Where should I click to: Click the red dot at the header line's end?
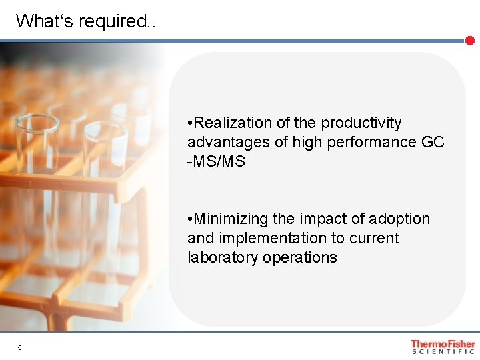click(x=469, y=41)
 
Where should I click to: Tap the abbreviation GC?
click(x=433, y=143)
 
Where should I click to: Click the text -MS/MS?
click(x=217, y=162)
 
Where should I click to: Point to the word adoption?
click(x=401, y=219)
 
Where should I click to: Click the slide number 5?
click(x=20, y=348)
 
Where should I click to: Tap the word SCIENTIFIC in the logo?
click(x=443, y=352)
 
